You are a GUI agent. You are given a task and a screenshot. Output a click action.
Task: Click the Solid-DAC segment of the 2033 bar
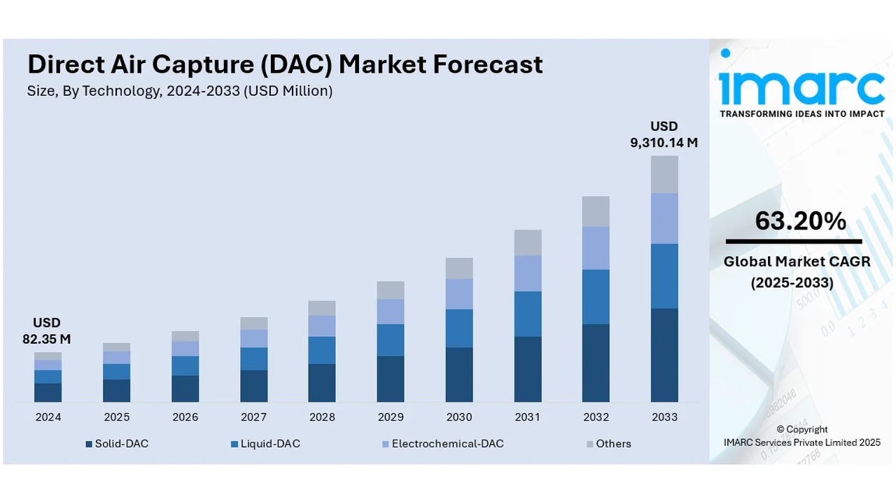tap(664, 355)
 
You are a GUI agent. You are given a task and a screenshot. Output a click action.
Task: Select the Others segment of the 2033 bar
tap(664, 174)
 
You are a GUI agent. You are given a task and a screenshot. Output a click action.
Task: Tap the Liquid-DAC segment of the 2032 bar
tap(596, 297)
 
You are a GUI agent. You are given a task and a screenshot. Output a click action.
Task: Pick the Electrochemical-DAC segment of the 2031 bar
tap(527, 273)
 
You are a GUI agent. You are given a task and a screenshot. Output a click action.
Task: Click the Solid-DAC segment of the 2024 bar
tap(48, 392)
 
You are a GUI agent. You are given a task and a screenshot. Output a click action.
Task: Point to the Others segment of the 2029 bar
tap(391, 290)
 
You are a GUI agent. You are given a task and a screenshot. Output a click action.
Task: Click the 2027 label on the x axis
tap(253, 417)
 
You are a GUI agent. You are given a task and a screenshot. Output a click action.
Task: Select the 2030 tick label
tap(459, 417)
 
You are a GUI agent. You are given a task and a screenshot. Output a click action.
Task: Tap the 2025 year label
tap(117, 417)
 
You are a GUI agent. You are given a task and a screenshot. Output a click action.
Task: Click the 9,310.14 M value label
tap(664, 143)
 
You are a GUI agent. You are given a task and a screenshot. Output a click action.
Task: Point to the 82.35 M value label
tap(47, 339)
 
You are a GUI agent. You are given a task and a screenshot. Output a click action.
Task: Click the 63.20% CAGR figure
tap(800, 221)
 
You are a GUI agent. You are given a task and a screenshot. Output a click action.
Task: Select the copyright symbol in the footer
tap(781, 430)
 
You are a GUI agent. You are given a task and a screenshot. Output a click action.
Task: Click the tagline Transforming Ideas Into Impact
tap(802, 113)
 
